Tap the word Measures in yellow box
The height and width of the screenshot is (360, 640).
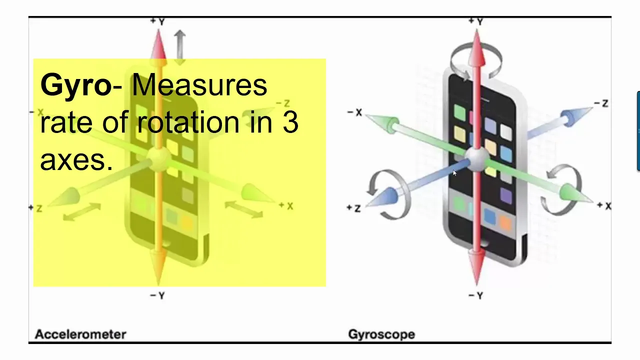[199, 85]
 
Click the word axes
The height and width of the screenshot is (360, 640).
[76, 160]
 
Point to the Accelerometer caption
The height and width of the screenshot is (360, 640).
[80, 334]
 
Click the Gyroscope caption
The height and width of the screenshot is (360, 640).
[381, 334]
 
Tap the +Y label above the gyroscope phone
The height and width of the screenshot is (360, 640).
[476, 21]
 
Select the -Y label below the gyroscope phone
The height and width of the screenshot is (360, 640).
[476, 296]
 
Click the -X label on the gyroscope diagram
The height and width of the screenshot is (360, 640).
[354, 112]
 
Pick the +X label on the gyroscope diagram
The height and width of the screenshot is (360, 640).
[604, 206]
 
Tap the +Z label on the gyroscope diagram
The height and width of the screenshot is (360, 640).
[353, 208]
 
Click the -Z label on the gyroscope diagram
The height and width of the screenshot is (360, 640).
[601, 103]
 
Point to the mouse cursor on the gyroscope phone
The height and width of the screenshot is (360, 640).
[454, 173]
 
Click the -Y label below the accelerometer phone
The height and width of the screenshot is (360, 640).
[157, 296]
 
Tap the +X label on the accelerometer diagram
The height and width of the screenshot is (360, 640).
[286, 205]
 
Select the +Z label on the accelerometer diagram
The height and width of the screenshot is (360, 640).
[35, 207]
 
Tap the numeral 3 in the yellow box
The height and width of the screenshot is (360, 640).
[290, 122]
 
